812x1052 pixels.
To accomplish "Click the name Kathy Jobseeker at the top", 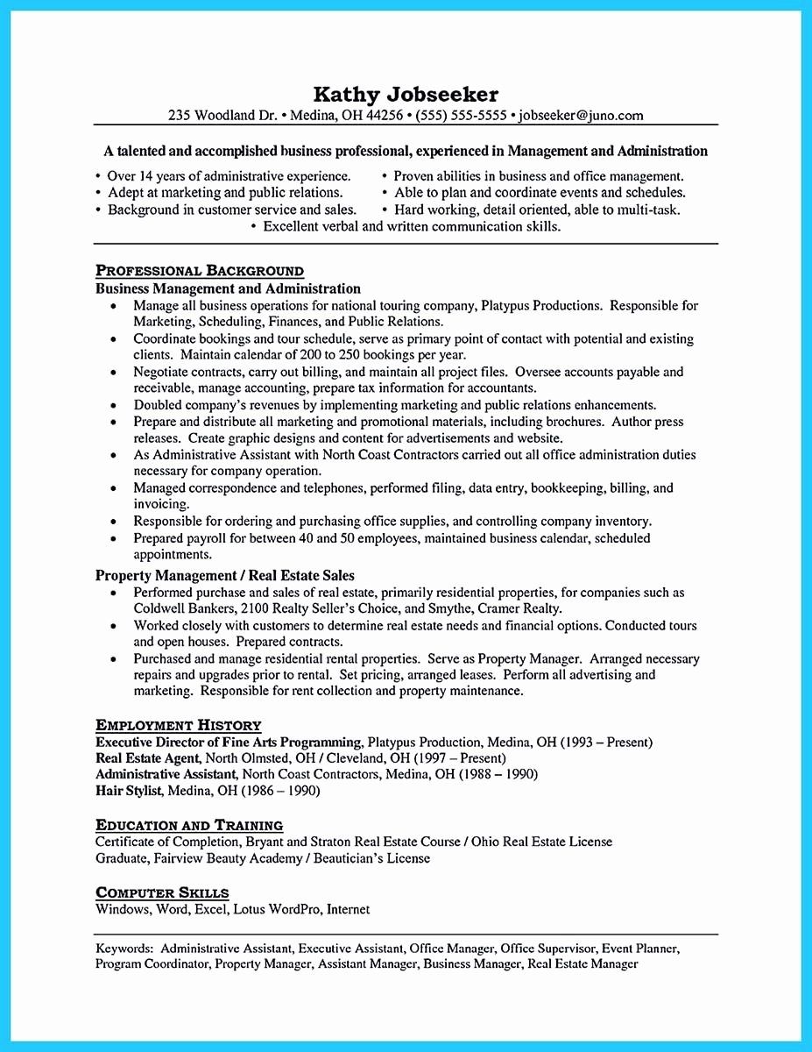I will pos(406,94).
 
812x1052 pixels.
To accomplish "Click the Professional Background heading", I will pos(200,271).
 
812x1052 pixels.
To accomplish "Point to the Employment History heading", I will pos(178,725).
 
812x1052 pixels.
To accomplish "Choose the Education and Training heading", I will pos(189,825).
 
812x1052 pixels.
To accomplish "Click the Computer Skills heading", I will pos(162,892).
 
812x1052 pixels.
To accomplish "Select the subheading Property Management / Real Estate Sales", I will pos(225,576).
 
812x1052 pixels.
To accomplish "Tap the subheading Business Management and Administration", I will pos(228,288).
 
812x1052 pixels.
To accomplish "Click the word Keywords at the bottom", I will pos(124,949).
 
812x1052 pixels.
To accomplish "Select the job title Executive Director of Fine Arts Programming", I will pos(229,743).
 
